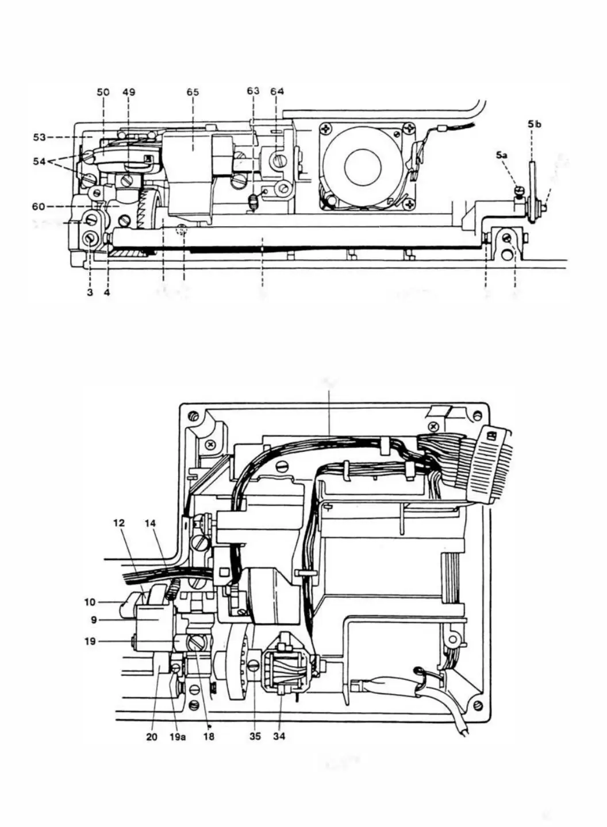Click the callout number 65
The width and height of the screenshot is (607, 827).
pos(193,92)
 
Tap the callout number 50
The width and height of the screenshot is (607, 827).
pos(103,92)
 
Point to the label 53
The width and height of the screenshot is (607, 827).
pos(40,137)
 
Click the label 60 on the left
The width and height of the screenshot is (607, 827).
pos(40,206)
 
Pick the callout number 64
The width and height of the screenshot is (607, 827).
pos(277,91)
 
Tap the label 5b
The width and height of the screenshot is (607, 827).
pos(534,123)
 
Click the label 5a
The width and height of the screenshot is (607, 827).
pos(501,155)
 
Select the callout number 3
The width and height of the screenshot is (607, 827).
pos(90,292)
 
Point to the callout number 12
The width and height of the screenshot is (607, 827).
pos(118,523)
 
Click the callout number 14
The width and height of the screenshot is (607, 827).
pos(151,523)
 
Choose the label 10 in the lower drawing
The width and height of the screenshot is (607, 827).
pos(90,602)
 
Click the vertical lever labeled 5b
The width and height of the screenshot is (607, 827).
pos(533,184)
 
